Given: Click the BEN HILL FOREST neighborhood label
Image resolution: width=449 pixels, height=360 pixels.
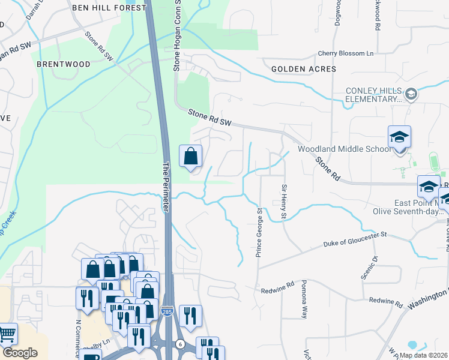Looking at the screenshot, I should [x=109, y=8].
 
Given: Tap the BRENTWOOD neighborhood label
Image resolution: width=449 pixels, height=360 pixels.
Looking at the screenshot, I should [x=64, y=64].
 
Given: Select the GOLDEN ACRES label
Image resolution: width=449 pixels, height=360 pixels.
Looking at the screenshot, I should [x=304, y=69].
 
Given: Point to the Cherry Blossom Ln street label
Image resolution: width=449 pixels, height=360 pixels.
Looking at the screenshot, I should [x=345, y=53].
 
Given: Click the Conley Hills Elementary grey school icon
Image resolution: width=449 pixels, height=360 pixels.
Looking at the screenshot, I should [x=411, y=94].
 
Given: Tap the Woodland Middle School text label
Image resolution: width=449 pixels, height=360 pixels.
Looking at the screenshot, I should [x=345, y=149].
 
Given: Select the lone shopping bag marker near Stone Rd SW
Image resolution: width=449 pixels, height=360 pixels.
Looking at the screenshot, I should [x=190, y=157].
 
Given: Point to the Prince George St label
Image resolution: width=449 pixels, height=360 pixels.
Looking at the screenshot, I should [x=259, y=233].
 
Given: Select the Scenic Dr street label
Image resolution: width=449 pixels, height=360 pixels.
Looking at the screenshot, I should [x=375, y=267].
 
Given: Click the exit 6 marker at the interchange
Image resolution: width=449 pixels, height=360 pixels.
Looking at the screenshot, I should [x=179, y=343].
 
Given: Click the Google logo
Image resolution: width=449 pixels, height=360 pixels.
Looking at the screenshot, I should [x=20, y=353].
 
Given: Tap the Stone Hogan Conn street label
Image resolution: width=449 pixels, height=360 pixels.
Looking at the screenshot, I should [x=177, y=36].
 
